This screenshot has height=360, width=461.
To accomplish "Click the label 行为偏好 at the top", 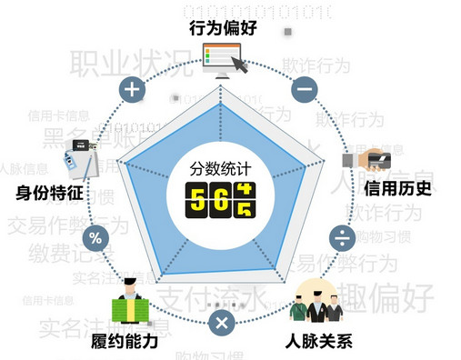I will tap(224, 28).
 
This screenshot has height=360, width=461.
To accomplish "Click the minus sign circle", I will tap(304, 90).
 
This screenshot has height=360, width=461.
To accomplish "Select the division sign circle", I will tap(342, 239).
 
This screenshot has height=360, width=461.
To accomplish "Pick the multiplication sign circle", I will tap(221, 322).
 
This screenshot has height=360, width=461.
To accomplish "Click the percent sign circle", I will tap(95, 239).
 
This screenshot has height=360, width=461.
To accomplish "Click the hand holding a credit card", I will tap(366, 160).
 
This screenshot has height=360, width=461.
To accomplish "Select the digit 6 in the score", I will tap(222, 198).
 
